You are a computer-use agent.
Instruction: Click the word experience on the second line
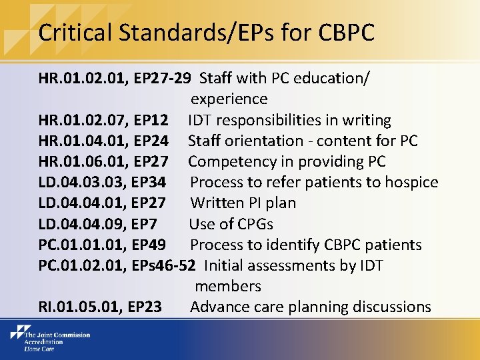point(229,99)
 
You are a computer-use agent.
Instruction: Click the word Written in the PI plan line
point(216,203)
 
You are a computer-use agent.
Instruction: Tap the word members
point(228,287)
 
